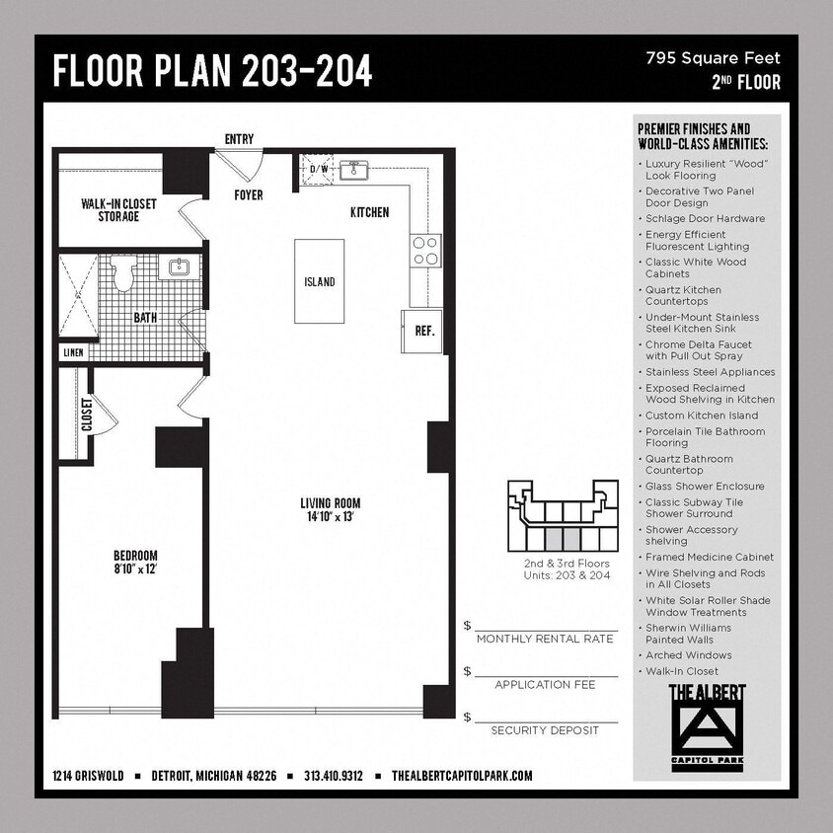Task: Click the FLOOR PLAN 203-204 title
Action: tap(212, 70)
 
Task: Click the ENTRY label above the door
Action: tap(239, 139)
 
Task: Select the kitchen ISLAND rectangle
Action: tap(319, 281)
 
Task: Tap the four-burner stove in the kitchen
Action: tap(425, 251)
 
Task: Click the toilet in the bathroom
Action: tap(123, 274)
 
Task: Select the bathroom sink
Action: tap(180, 267)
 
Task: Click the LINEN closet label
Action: tap(74, 352)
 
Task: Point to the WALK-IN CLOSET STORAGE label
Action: tap(118, 209)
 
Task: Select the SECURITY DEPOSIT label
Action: tap(545, 730)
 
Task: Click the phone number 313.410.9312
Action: tap(334, 776)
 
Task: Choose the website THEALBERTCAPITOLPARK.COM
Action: tap(462, 776)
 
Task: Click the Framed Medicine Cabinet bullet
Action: tap(709, 557)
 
